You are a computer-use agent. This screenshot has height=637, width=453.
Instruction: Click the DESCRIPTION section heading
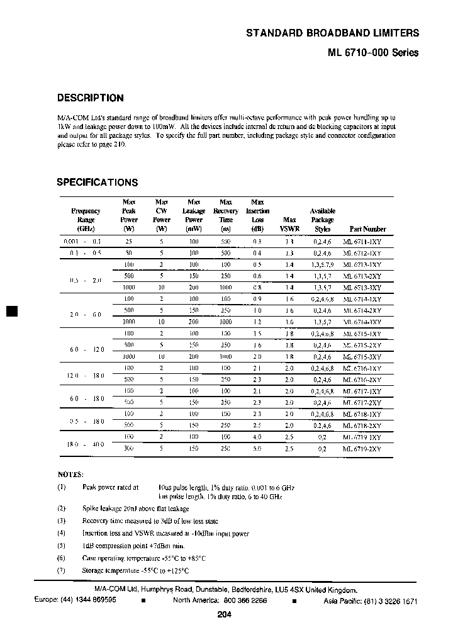90,98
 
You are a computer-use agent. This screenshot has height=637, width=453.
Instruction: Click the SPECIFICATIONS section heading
97,183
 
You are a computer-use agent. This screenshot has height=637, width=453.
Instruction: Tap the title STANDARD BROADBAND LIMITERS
332,33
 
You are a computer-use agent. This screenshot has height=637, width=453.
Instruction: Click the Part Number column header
367,229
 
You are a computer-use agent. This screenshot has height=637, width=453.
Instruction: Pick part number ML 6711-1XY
362,241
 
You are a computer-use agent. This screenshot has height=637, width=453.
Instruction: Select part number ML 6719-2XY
362,449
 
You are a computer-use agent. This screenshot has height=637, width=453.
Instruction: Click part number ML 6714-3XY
362,322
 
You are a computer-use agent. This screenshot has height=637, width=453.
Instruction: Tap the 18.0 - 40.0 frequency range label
85,443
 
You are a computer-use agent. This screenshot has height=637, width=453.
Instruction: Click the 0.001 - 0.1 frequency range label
82,241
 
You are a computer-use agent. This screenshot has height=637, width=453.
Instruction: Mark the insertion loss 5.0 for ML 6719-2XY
257,449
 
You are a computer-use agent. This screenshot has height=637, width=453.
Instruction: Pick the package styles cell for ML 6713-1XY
323,264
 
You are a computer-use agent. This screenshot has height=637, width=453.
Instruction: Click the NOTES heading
70,474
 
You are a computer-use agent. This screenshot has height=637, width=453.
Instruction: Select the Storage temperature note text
136,570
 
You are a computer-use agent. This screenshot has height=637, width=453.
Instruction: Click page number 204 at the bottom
225,615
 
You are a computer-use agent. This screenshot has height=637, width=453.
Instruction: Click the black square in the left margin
11,311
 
